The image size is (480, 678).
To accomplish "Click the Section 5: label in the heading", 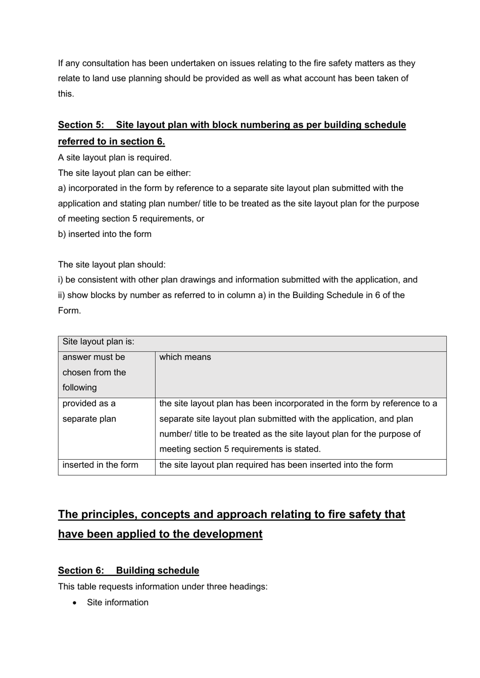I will pos(81,125).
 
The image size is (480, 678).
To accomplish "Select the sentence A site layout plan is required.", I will pos(115,158).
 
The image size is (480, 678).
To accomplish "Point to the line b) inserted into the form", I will pos(105,234).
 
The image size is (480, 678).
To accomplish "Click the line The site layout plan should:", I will pos(112,265).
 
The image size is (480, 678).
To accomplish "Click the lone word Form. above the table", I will pos(69,311).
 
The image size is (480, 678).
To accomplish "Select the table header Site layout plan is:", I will pos(99,342).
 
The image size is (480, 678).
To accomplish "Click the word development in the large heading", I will pos(224,534).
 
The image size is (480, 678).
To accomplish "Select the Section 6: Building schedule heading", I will pos(128,570).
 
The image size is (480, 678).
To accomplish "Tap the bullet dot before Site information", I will pos(75,603).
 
